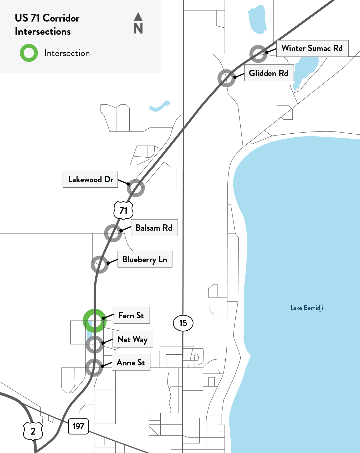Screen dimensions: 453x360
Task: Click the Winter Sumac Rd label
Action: pyautogui.click(x=312, y=48)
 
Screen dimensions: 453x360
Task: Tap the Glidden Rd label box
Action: pyautogui.click(x=269, y=73)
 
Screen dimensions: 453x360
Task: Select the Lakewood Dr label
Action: pyautogui.click(x=90, y=179)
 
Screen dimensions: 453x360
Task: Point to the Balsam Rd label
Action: pyautogui.click(x=154, y=228)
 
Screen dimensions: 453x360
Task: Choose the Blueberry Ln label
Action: pyautogui.click(x=145, y=259)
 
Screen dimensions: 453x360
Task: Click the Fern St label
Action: pyautogui.click(x=131, y=315)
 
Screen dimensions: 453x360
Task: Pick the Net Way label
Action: pyautogui.click(x=133, y=339)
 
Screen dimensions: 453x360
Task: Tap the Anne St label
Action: pyautogui.click(x=131, y=363)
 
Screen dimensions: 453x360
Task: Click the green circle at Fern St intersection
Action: pyautogui.click(x=95, y=321)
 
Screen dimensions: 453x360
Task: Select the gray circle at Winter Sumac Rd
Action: pyautogui.click(x=258, y=54)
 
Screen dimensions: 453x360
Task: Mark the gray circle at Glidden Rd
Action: pyautogui.click(x=226, y=78)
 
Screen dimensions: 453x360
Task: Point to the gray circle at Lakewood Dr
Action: pyautogui.click(x=136, y=188)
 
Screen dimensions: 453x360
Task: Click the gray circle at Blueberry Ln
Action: pyautogui.click(x=100, y=264)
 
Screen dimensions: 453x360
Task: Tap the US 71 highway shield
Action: pyautogui.click(x=123, y=210)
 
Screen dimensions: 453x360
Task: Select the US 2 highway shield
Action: pyautogui.click(x=33, y=431)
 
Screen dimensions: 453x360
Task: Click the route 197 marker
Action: pyautogui.click(x=78, y=426)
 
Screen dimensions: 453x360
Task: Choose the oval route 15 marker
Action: pyautogui.click(x=183, y=323)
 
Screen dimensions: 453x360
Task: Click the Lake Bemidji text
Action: pyautogui.click(x=307, y=308)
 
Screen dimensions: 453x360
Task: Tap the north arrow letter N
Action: pyautogui.click(x=138, y=28)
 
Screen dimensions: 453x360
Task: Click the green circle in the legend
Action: pyautogui.click(x=29, y=53)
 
